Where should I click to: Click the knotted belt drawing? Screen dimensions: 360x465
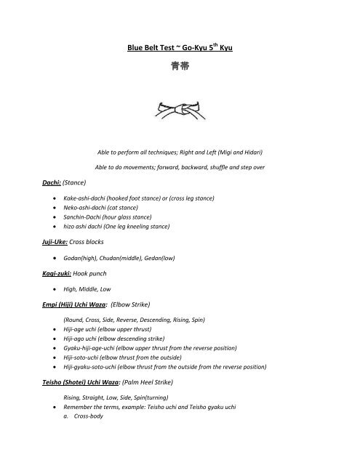point(180,112)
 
